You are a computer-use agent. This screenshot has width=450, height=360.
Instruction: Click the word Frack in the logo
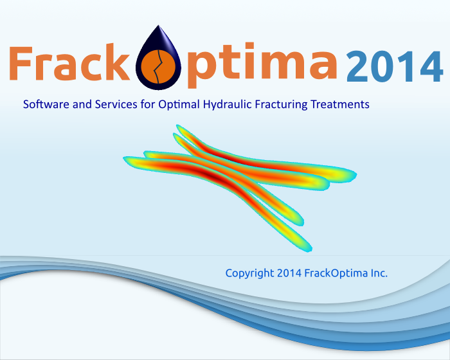click(69, 62)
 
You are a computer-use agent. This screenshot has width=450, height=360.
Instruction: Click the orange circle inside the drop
click(158, 66)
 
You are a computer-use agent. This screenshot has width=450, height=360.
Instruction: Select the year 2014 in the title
click(395, 67)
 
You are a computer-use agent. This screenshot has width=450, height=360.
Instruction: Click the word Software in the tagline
click(46, 104)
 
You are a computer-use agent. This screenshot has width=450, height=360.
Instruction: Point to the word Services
click(116, 104)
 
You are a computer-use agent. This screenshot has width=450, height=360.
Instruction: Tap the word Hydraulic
click(228, 105)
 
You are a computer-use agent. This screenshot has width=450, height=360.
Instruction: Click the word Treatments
click(340, 104)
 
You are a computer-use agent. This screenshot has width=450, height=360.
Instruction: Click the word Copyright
click(249, 274)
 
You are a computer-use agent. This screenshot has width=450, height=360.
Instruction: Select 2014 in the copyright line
click(289, 273)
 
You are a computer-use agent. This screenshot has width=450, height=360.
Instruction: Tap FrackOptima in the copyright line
click(336, 274)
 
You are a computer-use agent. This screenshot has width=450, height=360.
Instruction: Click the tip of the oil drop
click(158, 25)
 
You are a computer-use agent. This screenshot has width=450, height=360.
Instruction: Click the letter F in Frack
click(21, 63)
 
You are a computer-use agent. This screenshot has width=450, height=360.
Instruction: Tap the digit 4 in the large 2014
click(431, 67)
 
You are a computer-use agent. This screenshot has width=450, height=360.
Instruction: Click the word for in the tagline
click(148, 104)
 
